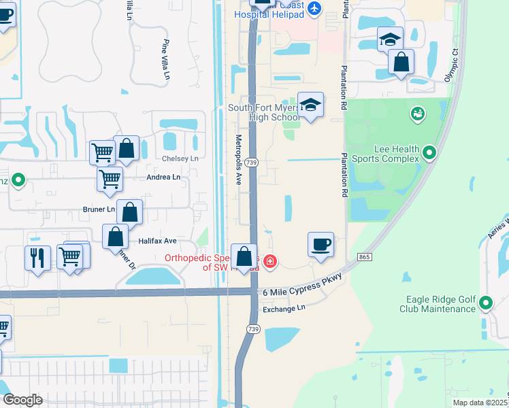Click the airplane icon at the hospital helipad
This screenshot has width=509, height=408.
tap(314, 8)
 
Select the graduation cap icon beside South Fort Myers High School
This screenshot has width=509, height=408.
tap(310, 105)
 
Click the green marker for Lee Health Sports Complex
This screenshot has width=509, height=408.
tap(429, 154)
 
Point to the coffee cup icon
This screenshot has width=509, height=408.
tap(321, 243)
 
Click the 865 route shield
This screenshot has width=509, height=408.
tap(364, 256)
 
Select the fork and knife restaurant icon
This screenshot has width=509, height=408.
tap(37, 257)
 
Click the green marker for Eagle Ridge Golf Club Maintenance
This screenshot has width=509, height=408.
tap(486, 303)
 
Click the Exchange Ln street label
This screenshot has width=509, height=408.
tap(284, 308)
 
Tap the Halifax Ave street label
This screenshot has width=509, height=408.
tap(157, 241)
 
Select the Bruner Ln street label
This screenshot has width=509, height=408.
tap(99, 209)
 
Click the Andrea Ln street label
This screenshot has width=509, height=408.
tap(164, 177)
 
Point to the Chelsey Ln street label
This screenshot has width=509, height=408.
tap(180, 158)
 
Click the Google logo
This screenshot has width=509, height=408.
tap(22, 399)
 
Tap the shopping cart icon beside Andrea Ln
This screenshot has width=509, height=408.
tap(110, 180)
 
